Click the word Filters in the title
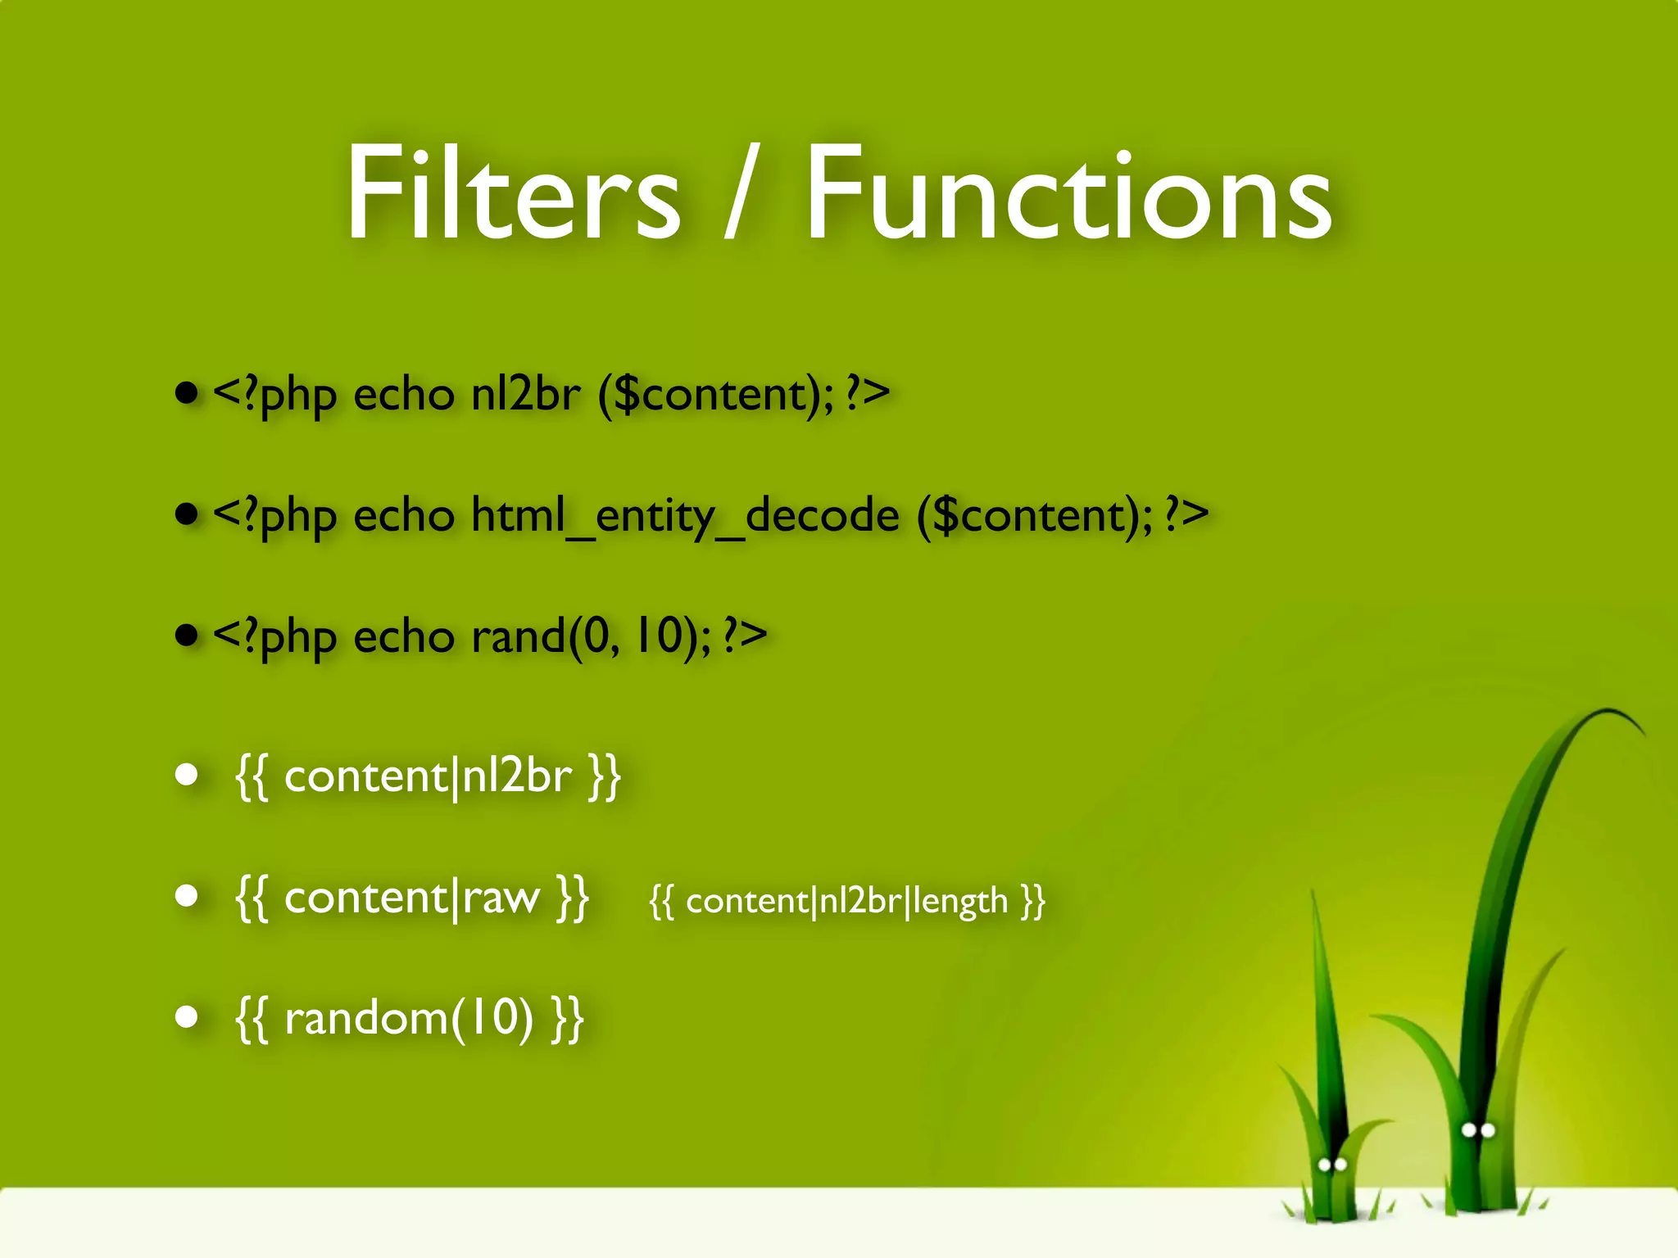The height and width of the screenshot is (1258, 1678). click(x=513, y=193)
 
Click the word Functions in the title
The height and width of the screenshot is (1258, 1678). click(x=1068, y=193)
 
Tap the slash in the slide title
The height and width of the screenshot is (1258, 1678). click(x=741, y=193)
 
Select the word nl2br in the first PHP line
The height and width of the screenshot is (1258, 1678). click(x=525, y=395)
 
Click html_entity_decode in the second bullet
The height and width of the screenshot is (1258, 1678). click(x=685, y=516)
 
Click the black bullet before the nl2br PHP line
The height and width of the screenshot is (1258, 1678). click(x=188, y=393)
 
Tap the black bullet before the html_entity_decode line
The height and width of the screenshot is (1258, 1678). click(x=188, y=514)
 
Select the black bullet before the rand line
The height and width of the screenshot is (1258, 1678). click(x=188, y=635)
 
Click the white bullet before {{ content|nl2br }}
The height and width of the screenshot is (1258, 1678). click(x=188, y=774)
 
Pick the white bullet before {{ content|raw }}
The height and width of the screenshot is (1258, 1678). click(x=188, y=895)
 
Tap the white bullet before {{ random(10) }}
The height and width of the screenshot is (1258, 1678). click(x=188, y=1016)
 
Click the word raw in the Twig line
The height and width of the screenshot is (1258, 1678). click(x=501, y=898)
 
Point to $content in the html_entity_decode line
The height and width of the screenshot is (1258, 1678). click(x=1034, y=516)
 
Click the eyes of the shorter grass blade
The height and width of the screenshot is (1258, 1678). click(x=1332, y=1164)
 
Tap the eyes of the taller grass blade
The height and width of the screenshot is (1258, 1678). click(x=1478, y=1130)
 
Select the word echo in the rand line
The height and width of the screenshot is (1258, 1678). click(x=403, y=636)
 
